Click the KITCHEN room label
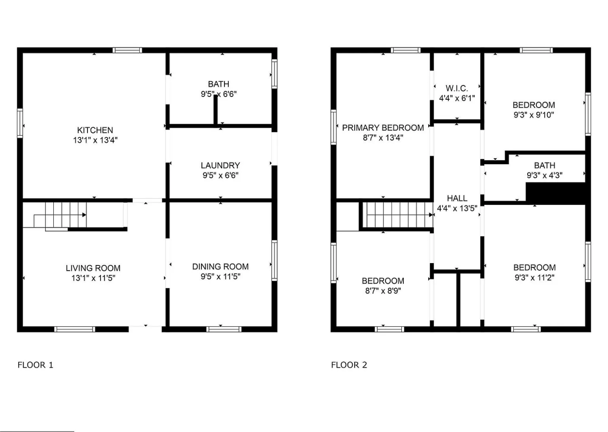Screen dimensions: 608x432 [95, 130]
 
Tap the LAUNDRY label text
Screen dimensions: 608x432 [221, 165]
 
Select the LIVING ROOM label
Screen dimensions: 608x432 [93, 268]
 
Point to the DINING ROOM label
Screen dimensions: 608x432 [221, 267]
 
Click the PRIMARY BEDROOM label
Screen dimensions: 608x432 [383, 128]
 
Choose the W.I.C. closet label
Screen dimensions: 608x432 [457, 88]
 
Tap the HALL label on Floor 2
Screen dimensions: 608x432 [457, 198]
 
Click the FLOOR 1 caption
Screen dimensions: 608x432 [35, 365]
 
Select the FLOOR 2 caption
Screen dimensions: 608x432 [349, 365]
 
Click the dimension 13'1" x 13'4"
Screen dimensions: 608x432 [95, 140]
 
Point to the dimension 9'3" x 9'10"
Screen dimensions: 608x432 [534, 115]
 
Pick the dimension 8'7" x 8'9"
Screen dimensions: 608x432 [383, 291]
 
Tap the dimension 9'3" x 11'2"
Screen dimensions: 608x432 [534, 277]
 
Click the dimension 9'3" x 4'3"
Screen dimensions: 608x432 [545, 175]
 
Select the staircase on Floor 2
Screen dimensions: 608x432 [398, 215]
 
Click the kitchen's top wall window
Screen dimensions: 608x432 [127, 50]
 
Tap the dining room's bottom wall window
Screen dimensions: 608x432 [224, 329]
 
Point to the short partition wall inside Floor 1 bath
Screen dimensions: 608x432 [215, 110]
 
